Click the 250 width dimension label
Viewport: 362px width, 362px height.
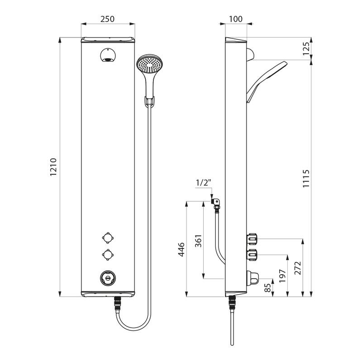107,19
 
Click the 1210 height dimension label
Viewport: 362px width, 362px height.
53,167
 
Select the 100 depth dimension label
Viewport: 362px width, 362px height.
235,19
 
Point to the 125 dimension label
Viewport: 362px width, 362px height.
306,48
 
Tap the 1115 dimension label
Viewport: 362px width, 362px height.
306,178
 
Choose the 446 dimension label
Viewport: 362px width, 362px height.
181,250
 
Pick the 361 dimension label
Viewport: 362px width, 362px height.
198,241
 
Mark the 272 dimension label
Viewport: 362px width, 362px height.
298,268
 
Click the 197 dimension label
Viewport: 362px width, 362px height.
282,276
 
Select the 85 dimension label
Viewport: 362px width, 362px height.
267,288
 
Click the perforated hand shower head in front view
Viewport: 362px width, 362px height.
150,64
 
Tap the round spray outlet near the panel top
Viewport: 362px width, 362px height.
108,55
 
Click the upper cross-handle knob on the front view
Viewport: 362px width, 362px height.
108,238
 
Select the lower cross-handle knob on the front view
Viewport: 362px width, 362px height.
108,255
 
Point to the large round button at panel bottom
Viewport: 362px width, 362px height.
108,278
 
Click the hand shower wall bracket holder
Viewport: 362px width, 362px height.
150,101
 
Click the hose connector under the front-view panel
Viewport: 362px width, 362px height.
118,303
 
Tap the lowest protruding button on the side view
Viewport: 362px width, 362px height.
253,278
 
